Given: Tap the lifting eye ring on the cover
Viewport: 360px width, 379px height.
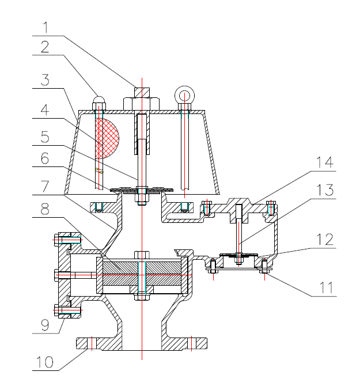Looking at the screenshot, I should tap(185, 94).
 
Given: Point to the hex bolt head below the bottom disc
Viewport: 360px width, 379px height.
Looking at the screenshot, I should tap(142, 297).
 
